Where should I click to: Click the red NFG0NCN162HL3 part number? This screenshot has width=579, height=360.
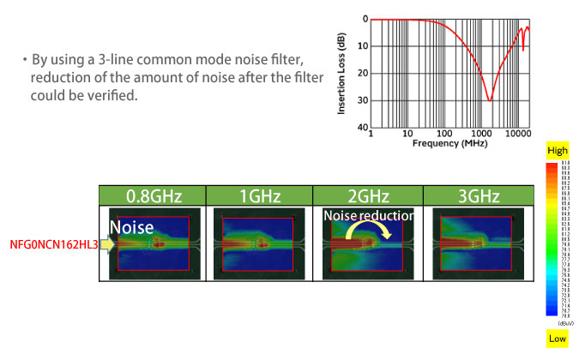51,245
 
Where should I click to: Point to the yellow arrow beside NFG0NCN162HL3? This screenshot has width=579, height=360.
107,245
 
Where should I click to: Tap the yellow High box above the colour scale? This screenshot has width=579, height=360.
558,151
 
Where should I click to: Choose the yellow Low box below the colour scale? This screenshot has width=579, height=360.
558,340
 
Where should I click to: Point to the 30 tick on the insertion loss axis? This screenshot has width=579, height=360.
364,101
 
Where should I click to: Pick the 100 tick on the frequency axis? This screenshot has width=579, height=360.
443,135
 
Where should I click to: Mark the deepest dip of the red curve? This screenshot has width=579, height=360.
490,100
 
